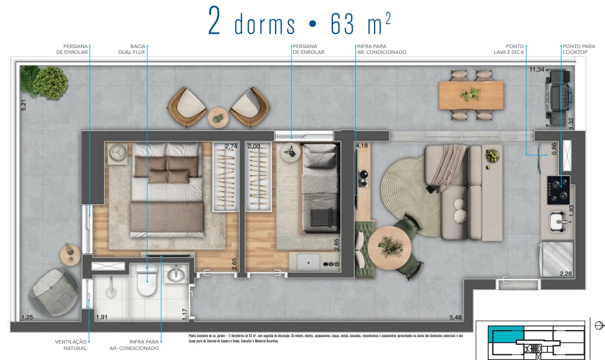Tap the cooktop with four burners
click(557, 190)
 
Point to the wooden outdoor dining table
click(471, 95)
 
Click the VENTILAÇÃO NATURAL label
click(71, 345)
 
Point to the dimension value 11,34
click(537, 69)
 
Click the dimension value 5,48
click(456, 317)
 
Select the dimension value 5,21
click(23, 106)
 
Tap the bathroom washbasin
click(175, 274)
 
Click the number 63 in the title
click(344, 25)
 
